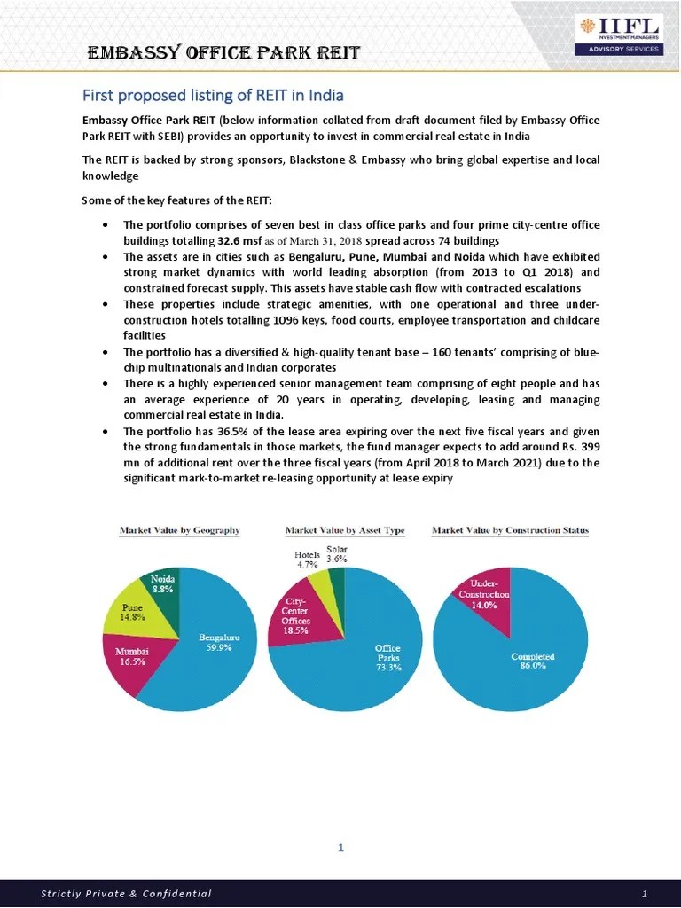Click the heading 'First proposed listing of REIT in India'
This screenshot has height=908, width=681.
pyautogui.click(x=213, y=95)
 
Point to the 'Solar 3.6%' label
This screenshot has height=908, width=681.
pyautogui.click(x=337, y=554)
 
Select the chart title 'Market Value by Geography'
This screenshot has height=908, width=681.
pyautogui.click(x=180, y=530)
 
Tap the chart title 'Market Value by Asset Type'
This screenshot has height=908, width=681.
pyautogui.click(x=345, y=530)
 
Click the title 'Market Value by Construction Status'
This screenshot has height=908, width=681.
pyautogui.click(x=510, y=530)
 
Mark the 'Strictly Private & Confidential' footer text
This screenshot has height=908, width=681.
pyautogui.click(x=126, y=893)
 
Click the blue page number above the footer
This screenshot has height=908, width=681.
pyautogui.click(x=340, y=849)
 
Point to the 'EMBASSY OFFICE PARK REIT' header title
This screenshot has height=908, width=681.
pyautogui.click(x=223, y=52)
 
